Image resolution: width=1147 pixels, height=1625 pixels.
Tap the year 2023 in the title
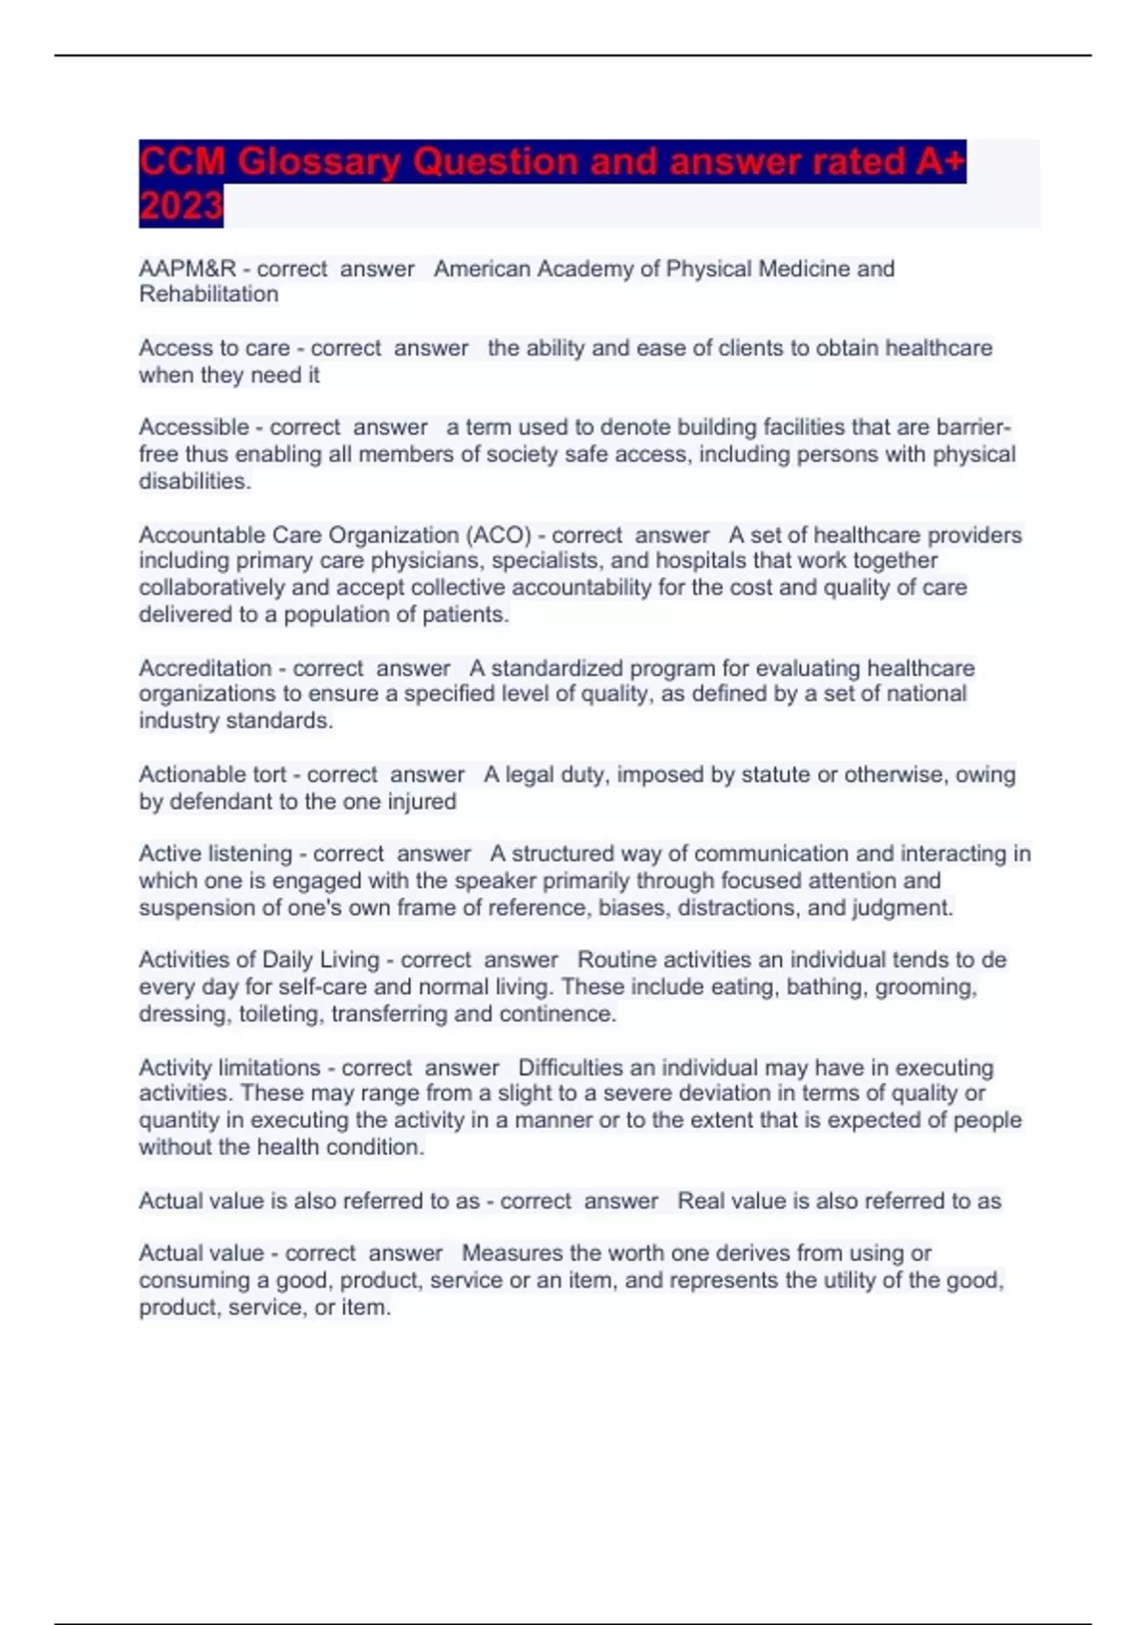[181, 206]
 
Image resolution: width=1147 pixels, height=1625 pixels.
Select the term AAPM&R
[187, 270]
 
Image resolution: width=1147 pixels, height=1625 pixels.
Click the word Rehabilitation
[208, 294]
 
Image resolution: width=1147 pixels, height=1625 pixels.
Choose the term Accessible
[194, 427]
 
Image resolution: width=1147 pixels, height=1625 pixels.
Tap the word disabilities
[195, 482]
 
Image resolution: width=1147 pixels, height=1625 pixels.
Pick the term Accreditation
[206, 668]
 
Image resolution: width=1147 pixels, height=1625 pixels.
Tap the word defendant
[221, 801]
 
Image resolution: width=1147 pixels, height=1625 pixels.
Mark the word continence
[568, 1014]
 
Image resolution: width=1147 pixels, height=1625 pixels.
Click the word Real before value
[701, 1202]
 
